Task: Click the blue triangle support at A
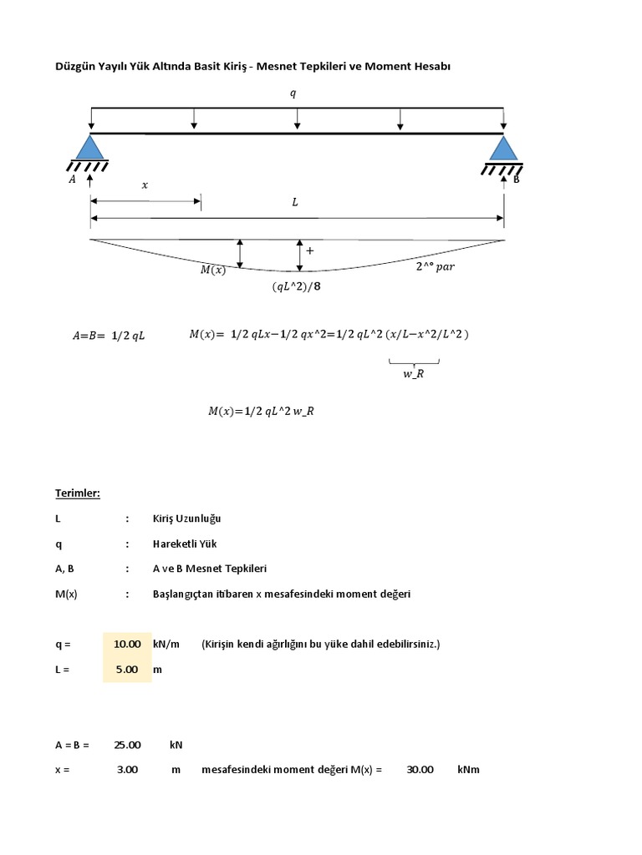point(89,148)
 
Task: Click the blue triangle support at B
point(502,148)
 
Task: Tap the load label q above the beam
point(293,94)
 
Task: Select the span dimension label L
point(294,202)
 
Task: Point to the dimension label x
point(145,185)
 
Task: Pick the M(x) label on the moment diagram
point(212,269)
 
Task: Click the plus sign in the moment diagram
point(310,250)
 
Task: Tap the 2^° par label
point(435,268)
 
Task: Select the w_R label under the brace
point(414,373)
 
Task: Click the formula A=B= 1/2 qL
point(109,336)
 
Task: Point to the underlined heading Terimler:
point(78,493)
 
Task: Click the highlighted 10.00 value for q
point(127,645)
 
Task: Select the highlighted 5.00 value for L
point(127,670)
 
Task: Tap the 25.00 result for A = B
point(127,745)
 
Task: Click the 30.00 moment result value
point(420,770)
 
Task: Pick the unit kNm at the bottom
point(468,770)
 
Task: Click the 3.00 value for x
point(127,770)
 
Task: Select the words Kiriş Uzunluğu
point(186,519)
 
